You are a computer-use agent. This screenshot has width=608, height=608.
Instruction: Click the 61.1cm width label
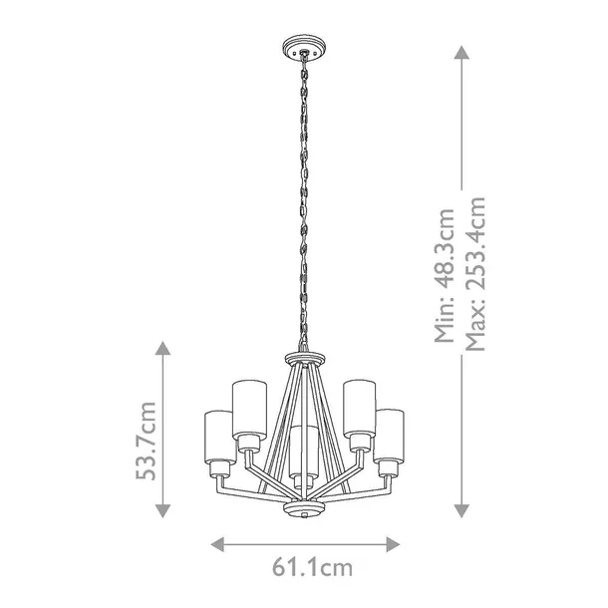coord(312,568)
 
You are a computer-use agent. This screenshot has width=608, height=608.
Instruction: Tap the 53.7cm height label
coord(147,441)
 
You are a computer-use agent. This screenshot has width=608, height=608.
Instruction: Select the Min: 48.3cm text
coord(445,275)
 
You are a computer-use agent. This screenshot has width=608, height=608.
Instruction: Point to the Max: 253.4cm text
coord(475,274)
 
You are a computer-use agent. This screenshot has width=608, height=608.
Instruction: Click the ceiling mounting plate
coord(304,48)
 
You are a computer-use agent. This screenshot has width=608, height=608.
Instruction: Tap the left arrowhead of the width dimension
coord(217,544)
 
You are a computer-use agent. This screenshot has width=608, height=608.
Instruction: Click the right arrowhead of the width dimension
coord(393,544)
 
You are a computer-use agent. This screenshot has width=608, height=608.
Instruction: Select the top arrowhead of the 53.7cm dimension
coord(162,348)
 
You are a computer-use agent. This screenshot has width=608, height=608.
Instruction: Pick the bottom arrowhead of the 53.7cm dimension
coord(162,511)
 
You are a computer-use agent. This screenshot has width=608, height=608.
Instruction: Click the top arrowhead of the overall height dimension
coord(461,53)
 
